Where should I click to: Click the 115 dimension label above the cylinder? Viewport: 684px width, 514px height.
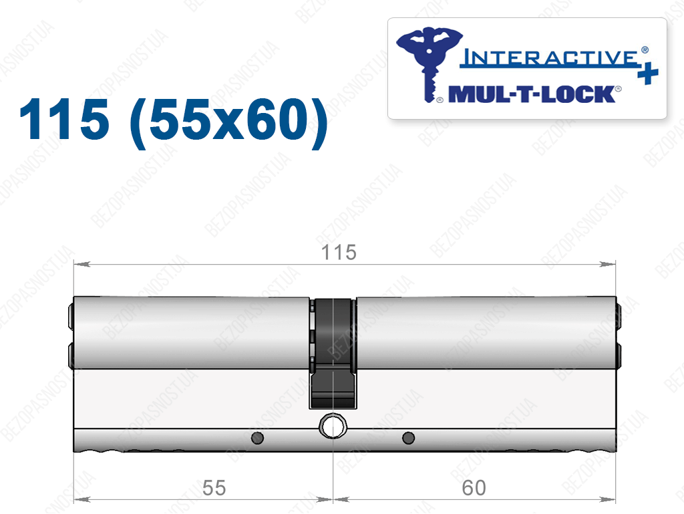(339, 253)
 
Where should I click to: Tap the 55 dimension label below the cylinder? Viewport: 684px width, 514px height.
(214, 488)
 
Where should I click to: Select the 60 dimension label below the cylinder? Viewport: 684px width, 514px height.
(474, 488)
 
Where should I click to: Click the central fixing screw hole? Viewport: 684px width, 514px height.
(333, 425)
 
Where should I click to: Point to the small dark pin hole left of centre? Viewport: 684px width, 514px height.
(257, 438)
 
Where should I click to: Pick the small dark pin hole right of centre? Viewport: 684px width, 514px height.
(408, 438)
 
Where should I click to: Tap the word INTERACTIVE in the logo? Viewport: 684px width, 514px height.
(549, 58)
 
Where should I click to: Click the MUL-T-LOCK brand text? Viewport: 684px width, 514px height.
(532, 94)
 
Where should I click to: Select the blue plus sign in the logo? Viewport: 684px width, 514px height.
(648, 74)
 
